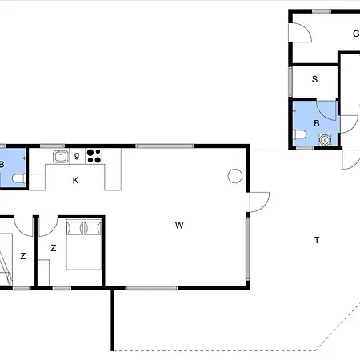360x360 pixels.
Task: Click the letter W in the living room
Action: tap(179, 226)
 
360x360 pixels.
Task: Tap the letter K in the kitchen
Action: tap(75, 181)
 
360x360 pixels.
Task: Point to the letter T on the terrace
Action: tap(317, 240)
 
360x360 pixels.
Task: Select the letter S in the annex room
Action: tap(314, 79)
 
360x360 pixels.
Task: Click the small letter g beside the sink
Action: tap(77, 155)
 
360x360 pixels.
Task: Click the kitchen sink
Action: tap(61, 157)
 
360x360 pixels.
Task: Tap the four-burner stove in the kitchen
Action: tap(94, 156)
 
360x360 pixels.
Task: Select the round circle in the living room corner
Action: tap(235, 176)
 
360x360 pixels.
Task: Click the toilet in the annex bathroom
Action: tap(299, 134)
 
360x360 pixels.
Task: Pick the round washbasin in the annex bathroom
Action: tap(325, 140)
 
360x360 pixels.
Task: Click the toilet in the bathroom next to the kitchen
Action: tap(18, 178)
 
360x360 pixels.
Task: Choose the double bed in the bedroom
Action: tap(84, 244)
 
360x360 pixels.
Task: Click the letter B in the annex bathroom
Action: tap(317, 123)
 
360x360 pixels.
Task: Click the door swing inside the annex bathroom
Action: tap(326, 110)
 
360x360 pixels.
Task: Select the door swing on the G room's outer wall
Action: tap(301, 32)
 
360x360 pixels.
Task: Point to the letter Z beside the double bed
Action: tap(54, 248)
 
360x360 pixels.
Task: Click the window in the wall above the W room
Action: tap(165, 146)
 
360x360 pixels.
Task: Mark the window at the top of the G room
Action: tap(322, 11)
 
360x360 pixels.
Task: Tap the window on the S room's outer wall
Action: tap(290, 82)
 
